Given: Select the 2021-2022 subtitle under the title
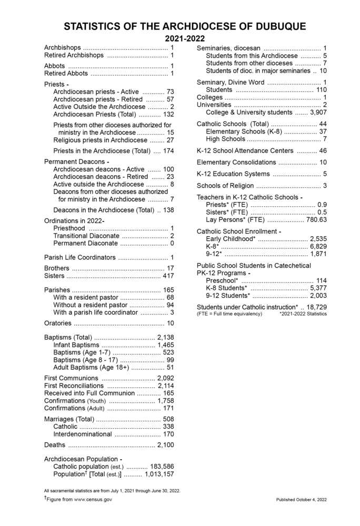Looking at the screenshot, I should click(185, 39).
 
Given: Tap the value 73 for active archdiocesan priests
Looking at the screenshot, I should click(170, 92).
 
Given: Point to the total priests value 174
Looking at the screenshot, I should click(168, 151).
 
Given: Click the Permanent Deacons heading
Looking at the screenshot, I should click(77, 161).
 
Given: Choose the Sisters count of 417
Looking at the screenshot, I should click(168, 276).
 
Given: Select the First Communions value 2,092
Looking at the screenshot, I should click(166, 378).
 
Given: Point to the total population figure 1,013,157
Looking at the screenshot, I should click(159, 474).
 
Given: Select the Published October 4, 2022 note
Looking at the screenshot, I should click(302, 499).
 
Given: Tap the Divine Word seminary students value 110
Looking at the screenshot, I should click(322, 90).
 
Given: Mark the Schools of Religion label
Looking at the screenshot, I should click(225, 186).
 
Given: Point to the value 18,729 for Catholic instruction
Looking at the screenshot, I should click(317, 307).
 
